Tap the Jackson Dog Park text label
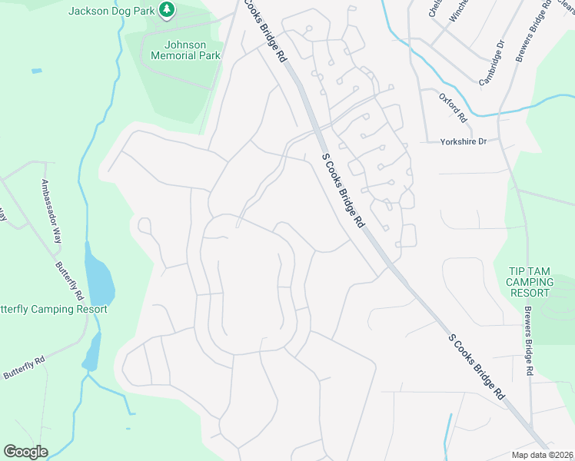111,11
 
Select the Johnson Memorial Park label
185,50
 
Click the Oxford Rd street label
454,108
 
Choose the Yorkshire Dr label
464,141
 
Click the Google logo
25,452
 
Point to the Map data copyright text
541,455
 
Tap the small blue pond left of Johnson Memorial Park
37,71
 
